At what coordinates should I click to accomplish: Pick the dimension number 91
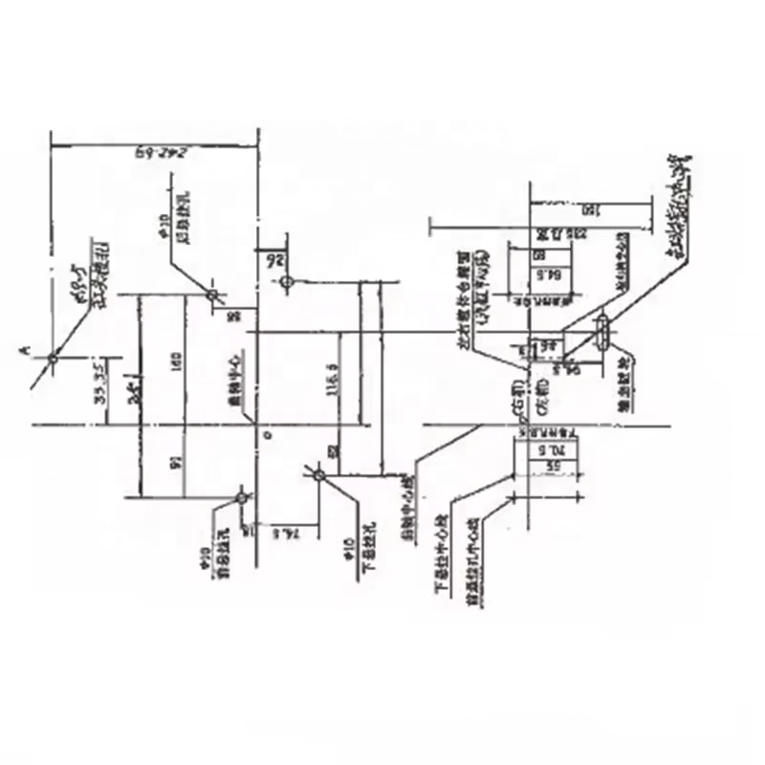[x=175, y=462]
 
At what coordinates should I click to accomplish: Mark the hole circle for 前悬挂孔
[x=242, y=497]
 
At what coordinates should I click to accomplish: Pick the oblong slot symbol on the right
[x=603, y=336]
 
